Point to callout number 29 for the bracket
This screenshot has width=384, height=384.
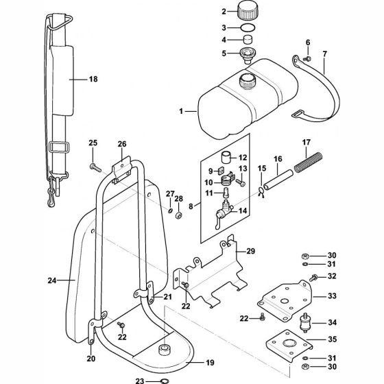click(x=251, y=252)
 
